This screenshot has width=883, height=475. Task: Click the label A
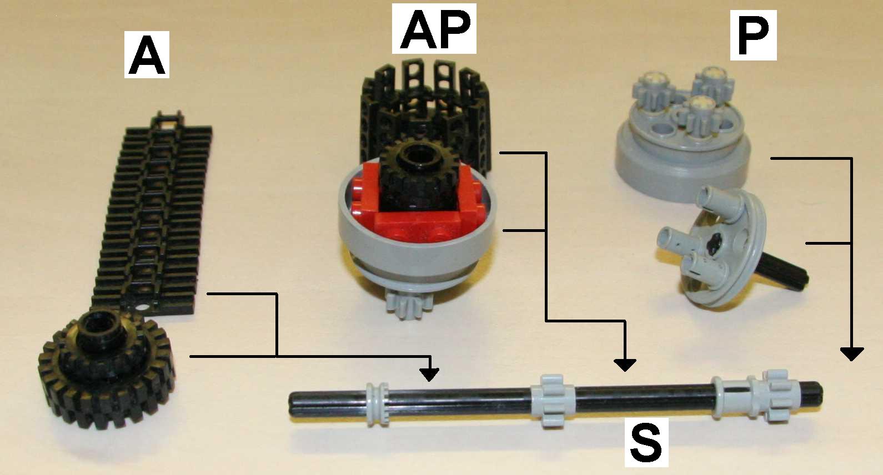(x=147, y=54)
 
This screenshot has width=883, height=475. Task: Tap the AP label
(x=434, y=29)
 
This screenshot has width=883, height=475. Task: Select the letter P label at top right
(x=753, y=35)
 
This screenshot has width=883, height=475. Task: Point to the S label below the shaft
(x=646, y=442)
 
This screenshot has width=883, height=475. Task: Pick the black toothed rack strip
(x=152, y=213)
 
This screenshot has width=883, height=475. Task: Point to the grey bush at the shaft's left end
(x=377, y=404)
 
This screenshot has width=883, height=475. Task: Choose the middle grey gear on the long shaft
(x=553, y=401)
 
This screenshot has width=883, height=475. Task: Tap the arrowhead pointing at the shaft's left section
(x=429, y=374)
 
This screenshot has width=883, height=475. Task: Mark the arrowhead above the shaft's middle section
(x=624, y=365)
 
